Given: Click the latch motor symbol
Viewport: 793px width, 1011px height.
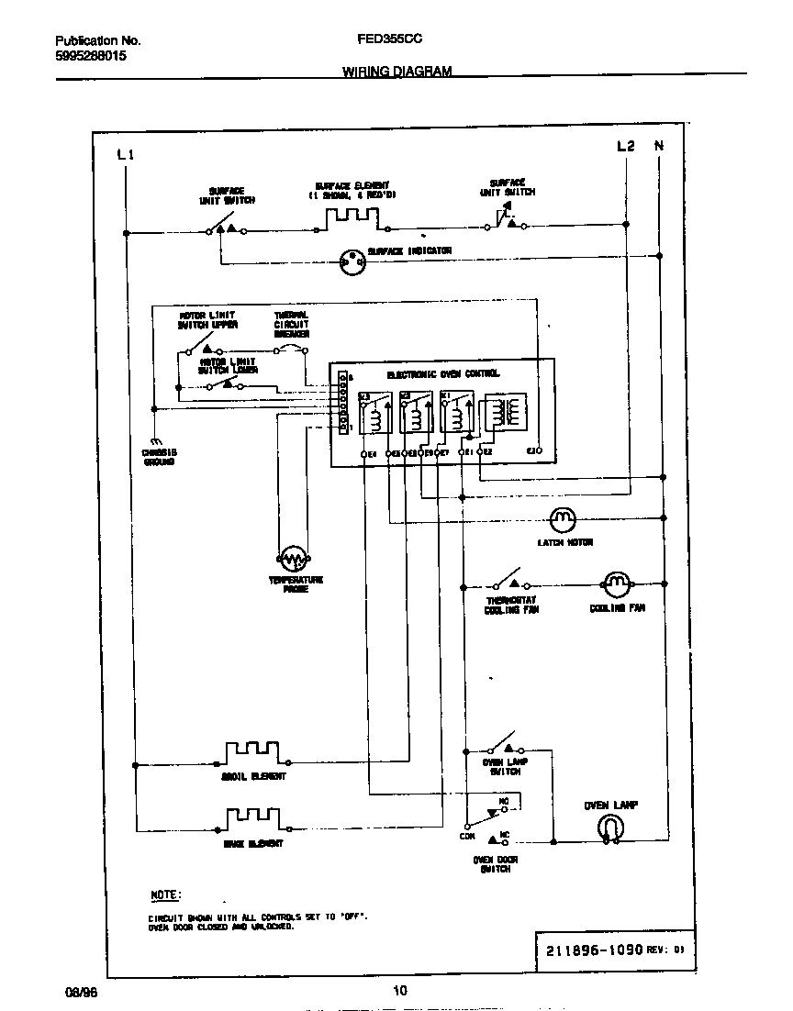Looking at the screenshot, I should click(562, 519).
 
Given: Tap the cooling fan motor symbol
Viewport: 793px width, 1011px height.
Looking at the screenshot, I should click(615, 583).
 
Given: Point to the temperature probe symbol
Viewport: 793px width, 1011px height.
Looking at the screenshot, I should click(293, 558).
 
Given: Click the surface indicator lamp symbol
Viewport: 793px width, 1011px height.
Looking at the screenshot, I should click(352, 262).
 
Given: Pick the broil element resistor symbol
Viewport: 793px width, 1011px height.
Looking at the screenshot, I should click(252, 752).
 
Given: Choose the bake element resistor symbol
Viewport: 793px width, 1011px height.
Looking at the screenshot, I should click(252, 816).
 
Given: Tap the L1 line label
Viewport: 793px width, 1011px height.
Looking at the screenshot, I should click(127, 154).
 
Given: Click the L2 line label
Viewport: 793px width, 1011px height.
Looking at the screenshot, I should click(625, 146).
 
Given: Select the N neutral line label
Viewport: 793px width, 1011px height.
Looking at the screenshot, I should click(658, 146).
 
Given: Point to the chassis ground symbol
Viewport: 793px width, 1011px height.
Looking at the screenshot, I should click(155, 442).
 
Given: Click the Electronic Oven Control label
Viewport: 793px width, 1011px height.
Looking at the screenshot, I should click(443, 374).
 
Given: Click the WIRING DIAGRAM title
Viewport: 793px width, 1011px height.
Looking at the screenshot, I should click(396, 71).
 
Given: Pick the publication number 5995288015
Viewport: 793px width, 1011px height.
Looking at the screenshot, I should click(91, 56).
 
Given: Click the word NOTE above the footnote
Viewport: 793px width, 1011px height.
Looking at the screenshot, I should click(165, 894).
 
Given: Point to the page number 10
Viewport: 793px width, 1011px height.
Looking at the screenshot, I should click(399, 990).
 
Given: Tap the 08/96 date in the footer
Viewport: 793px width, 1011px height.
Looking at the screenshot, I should click(80, 992).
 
